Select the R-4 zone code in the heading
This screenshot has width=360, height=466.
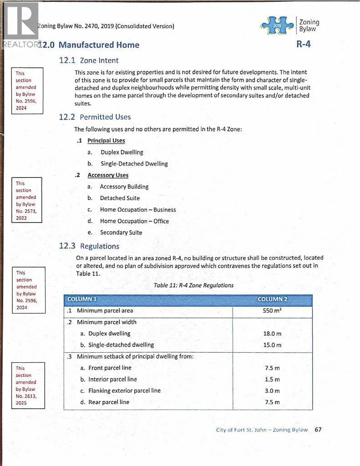tap(304, 45)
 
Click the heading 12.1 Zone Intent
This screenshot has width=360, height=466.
tap(89, 60)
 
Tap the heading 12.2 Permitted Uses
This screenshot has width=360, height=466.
tap(95, 117)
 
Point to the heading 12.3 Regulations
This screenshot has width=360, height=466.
tap(89, 246)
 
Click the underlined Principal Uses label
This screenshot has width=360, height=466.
tap(106, 141)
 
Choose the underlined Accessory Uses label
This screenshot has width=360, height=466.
tap(108, 175)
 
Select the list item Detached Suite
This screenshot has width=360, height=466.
tap(120, 198)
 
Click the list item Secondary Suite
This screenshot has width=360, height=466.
tap(121, 233)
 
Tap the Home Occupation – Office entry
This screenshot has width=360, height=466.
tap(134, 221)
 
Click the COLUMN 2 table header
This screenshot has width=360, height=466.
tap(272, 299)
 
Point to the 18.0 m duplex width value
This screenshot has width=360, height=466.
tap(272, 334)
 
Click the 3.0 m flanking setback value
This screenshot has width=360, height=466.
tap(272, 391)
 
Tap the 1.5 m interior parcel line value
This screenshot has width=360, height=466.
tap(272, 380)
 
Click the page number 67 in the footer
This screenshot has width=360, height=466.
tap(318, 430)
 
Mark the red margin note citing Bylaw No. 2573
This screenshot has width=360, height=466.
tap(26, 201)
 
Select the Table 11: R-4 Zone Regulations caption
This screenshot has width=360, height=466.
tap(193, 285)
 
